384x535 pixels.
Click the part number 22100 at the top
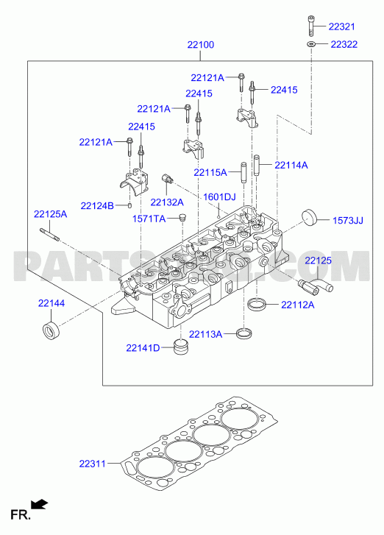tap(201, 45)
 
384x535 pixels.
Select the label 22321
tap(342, 26)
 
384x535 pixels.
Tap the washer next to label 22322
tap(310, 43)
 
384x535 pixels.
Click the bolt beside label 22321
tap(311, 26)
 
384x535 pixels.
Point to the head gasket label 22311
tap(93, 464)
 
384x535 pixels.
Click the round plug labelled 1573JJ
tap(309, 216)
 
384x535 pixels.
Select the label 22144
tap(51, 303)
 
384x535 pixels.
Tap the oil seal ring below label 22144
tap(51, 330)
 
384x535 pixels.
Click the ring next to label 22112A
tap(257, 305)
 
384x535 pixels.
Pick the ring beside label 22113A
tap(244, 333)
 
